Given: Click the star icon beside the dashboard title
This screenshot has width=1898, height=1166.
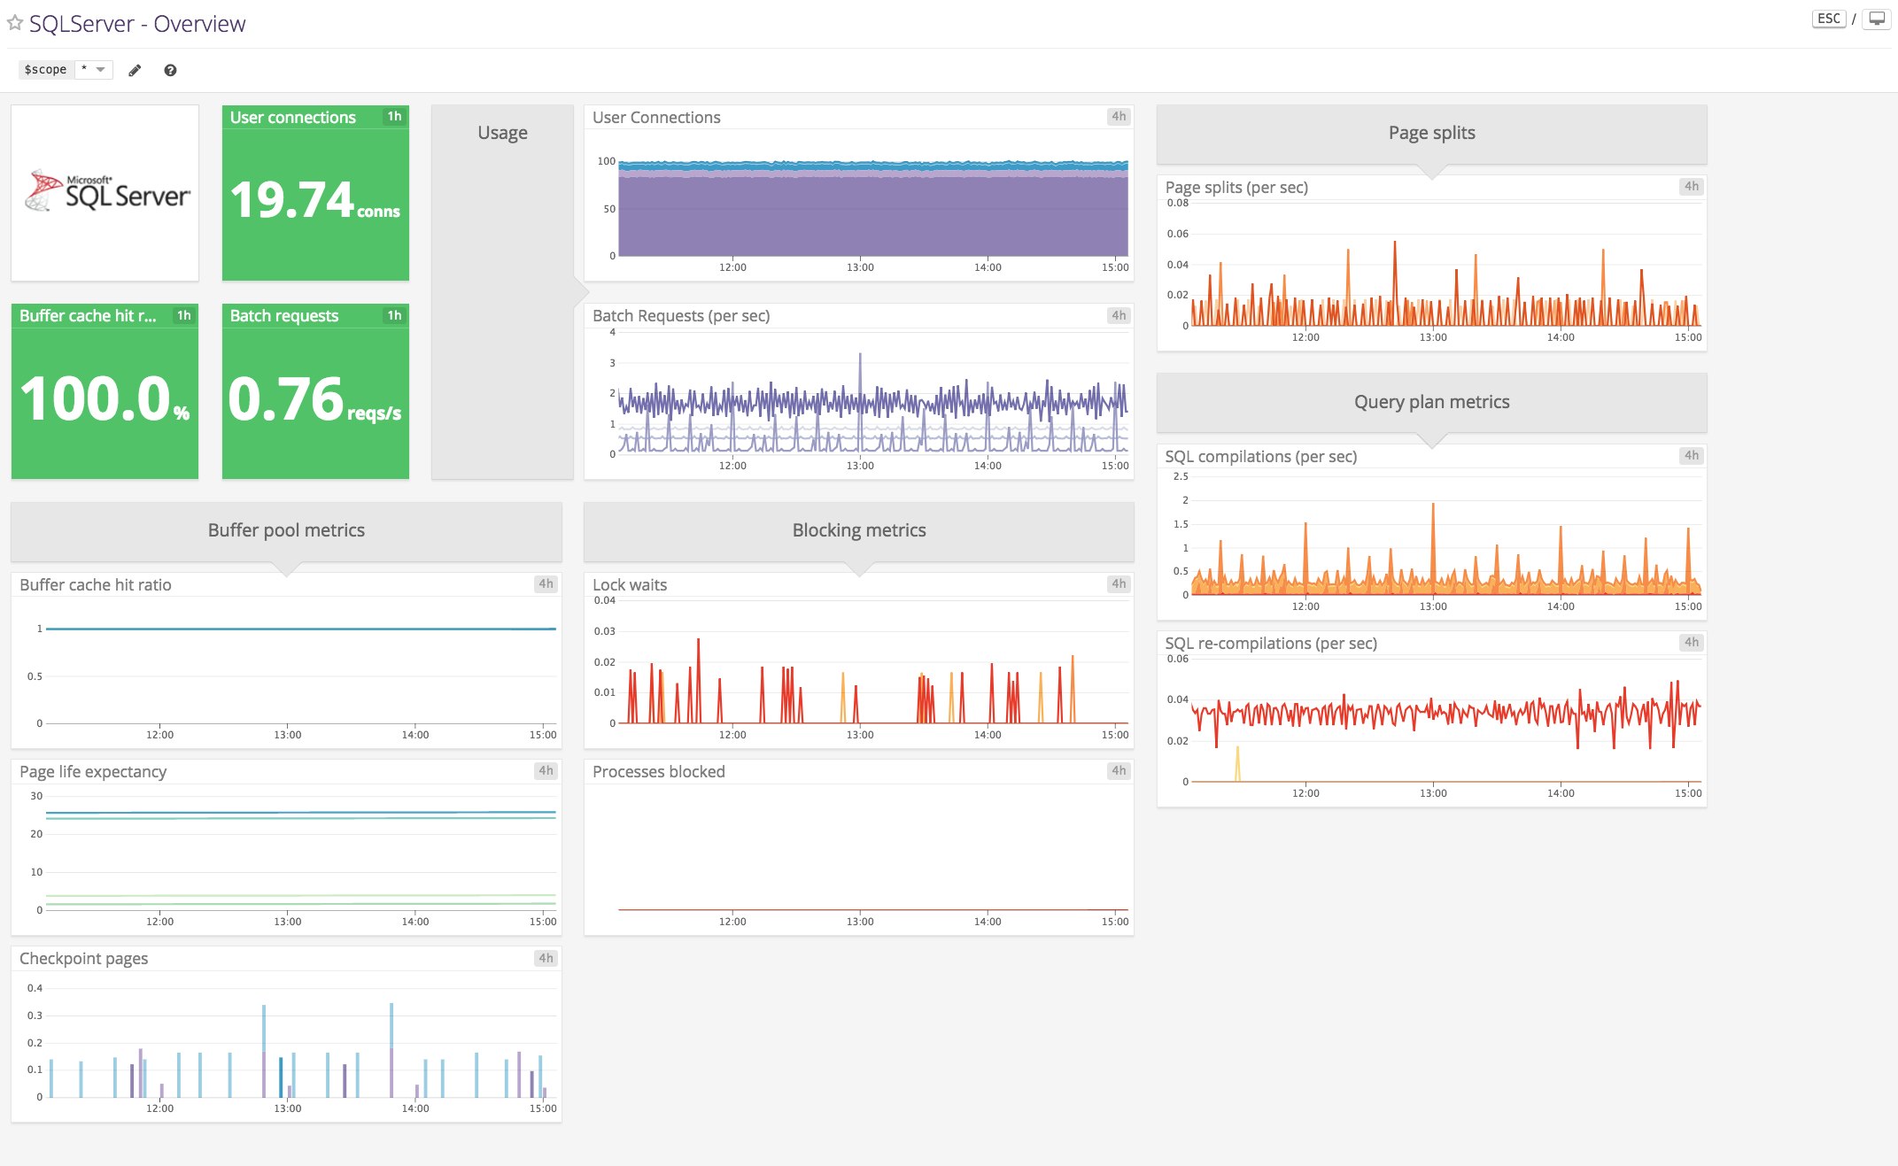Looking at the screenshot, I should [15, 23].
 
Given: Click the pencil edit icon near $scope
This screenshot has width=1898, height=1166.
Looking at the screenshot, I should [135, 70].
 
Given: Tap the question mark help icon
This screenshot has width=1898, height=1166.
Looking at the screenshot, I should [170, 70].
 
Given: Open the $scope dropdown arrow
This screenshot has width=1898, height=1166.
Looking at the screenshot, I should [100, 69].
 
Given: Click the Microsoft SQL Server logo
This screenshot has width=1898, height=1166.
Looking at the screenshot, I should [106, 191].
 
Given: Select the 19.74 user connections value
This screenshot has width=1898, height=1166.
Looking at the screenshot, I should [292, 200].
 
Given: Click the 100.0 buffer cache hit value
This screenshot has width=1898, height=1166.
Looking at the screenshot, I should [95, 398].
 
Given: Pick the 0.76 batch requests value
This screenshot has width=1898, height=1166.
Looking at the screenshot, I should [285, 398].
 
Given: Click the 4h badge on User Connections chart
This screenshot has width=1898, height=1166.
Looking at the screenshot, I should [1119, 117].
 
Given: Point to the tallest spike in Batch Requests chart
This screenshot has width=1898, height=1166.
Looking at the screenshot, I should [860, 356].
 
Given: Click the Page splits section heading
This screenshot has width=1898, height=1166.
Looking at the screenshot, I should [1431, 133].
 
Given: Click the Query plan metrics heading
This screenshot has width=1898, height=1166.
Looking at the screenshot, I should [1431, 402].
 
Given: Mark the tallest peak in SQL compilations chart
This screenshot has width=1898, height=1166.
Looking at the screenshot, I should [1433, 506].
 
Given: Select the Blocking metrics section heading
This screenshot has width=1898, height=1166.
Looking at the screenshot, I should [858, 530].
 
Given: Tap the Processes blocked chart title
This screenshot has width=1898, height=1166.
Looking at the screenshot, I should [658, 772].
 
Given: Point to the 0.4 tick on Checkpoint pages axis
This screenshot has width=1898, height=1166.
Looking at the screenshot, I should [35, 988].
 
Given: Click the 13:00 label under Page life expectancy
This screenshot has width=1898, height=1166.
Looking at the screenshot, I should [287, 922].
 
